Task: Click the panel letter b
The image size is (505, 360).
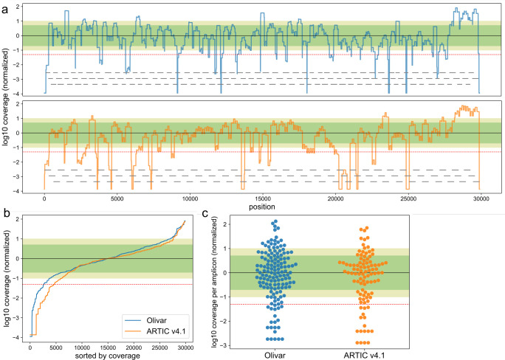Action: [5, 215]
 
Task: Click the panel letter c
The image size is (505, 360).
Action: [205, 215]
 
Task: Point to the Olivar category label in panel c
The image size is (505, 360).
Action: [293, 355]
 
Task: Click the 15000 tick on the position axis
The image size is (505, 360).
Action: [262, 198]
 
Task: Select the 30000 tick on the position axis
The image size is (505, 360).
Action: [480, 198]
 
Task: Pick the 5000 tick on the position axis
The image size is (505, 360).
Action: [117, 198]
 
